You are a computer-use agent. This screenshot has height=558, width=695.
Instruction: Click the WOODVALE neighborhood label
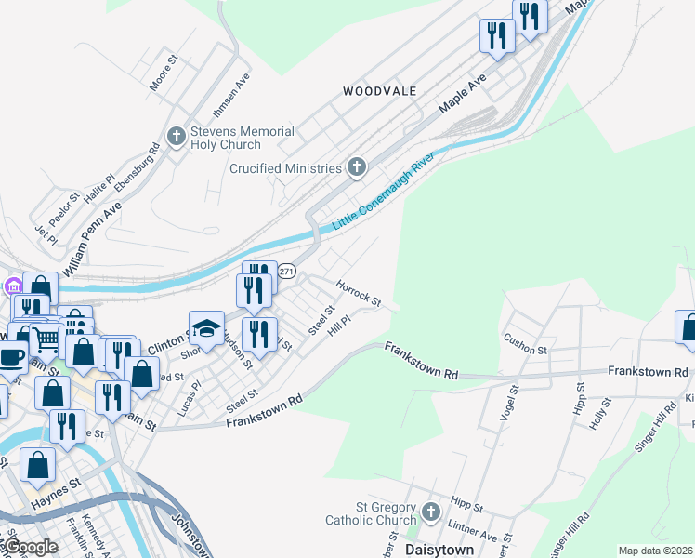(379, 91)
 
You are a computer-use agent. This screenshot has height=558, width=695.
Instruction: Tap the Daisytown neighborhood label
(440, 550)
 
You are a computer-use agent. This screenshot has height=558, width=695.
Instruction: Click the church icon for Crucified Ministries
(356, 167)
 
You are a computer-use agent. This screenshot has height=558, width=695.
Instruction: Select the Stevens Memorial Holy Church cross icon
(176, 139)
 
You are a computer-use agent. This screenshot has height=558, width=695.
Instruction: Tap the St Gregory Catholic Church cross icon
(430, 512)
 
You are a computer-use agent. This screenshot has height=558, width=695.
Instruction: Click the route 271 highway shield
(286, 270)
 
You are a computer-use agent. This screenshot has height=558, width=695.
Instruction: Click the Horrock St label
(359, 294)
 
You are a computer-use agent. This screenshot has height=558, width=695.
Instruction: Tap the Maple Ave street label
(463, 95)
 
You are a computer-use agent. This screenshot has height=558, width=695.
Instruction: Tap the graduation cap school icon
(207, 327)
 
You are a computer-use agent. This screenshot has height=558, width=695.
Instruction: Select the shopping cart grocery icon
(44, 339)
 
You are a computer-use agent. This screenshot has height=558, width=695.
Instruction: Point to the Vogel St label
(507, 401)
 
